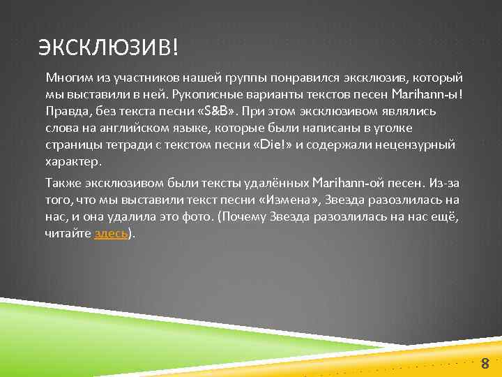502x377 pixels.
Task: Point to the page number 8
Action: (485, 362)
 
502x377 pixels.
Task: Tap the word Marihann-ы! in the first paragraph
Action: (427, 94)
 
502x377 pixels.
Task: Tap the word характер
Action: (73, 161)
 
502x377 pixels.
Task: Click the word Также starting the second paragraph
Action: (63, 183)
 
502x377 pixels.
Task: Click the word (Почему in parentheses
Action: (241, 217)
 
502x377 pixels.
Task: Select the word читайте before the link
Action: (68, 234)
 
